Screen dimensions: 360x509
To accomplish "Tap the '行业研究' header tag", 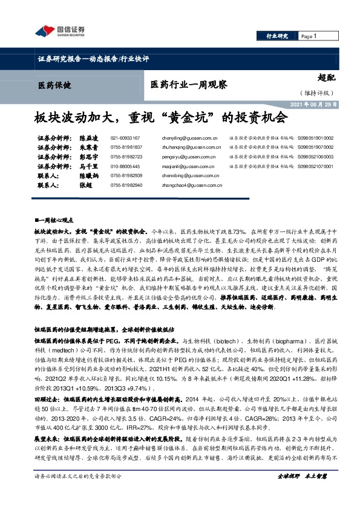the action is tap(278, 37).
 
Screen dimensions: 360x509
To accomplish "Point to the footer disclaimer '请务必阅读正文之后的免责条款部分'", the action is tap(78, 493).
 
